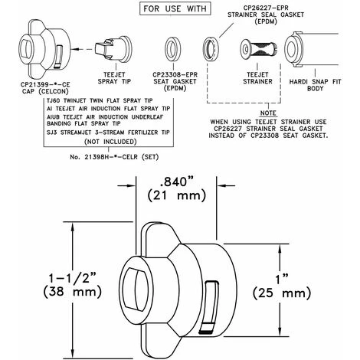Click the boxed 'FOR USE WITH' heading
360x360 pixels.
[x=175, y=8]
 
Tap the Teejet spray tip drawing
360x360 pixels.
[x=113, y=49]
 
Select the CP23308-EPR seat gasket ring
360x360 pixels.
[x=173, y=49]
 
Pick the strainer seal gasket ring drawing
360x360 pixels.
[x=211, y=49]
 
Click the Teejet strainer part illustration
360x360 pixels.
[x=258, y=49]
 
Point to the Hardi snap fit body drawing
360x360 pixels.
[x=311, y=49]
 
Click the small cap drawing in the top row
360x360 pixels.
[x=45, y=49]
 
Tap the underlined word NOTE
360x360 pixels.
[x=268, y=113]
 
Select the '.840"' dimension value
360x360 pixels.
[x=176, y=182]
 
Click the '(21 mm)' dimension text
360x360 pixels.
[x=176, y=196]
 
